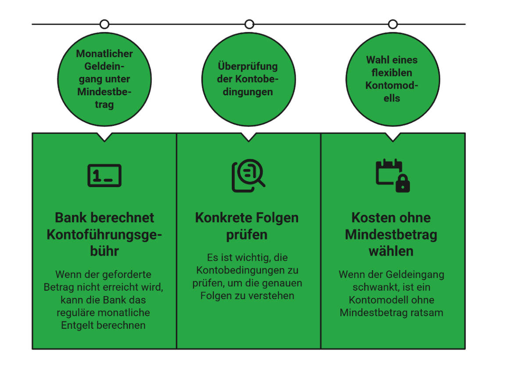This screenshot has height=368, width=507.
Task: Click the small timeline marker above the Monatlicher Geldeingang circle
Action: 104,24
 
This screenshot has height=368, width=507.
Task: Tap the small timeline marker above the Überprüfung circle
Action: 249,24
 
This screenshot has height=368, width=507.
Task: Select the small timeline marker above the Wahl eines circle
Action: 393,24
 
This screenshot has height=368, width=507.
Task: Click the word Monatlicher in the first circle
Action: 104,54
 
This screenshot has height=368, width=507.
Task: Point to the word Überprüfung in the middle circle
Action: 248,66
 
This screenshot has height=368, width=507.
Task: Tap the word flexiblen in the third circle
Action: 392,72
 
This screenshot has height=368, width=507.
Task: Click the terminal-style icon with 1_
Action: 104,176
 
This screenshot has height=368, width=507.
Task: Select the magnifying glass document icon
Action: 248,176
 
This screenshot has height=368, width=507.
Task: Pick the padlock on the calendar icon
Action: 403,184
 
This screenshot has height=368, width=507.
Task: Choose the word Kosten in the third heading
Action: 370,218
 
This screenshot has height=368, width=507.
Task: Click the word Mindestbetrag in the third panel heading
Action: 391,235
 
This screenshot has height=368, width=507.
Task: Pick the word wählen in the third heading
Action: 391,251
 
